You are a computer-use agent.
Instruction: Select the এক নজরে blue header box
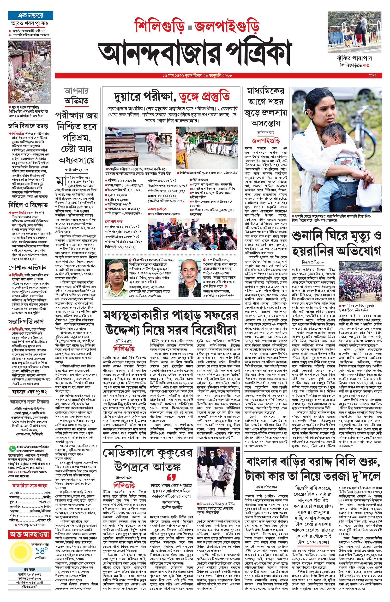[30, 15]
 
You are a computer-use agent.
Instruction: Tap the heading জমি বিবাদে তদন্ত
[28, 126]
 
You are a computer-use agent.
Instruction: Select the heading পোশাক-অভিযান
[27, 267]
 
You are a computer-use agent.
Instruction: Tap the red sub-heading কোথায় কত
[114, 221]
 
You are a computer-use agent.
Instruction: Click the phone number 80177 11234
[18, 472]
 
